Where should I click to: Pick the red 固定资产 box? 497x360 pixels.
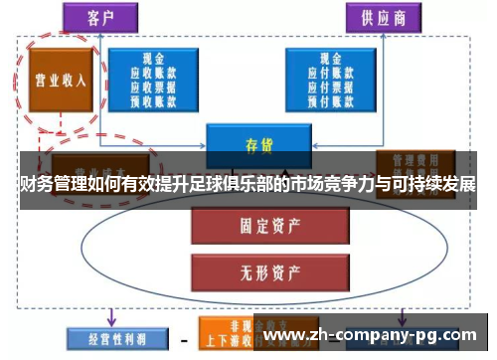click(x=257, y=228)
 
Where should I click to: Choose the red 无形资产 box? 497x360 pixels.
click(x=257, y=268)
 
